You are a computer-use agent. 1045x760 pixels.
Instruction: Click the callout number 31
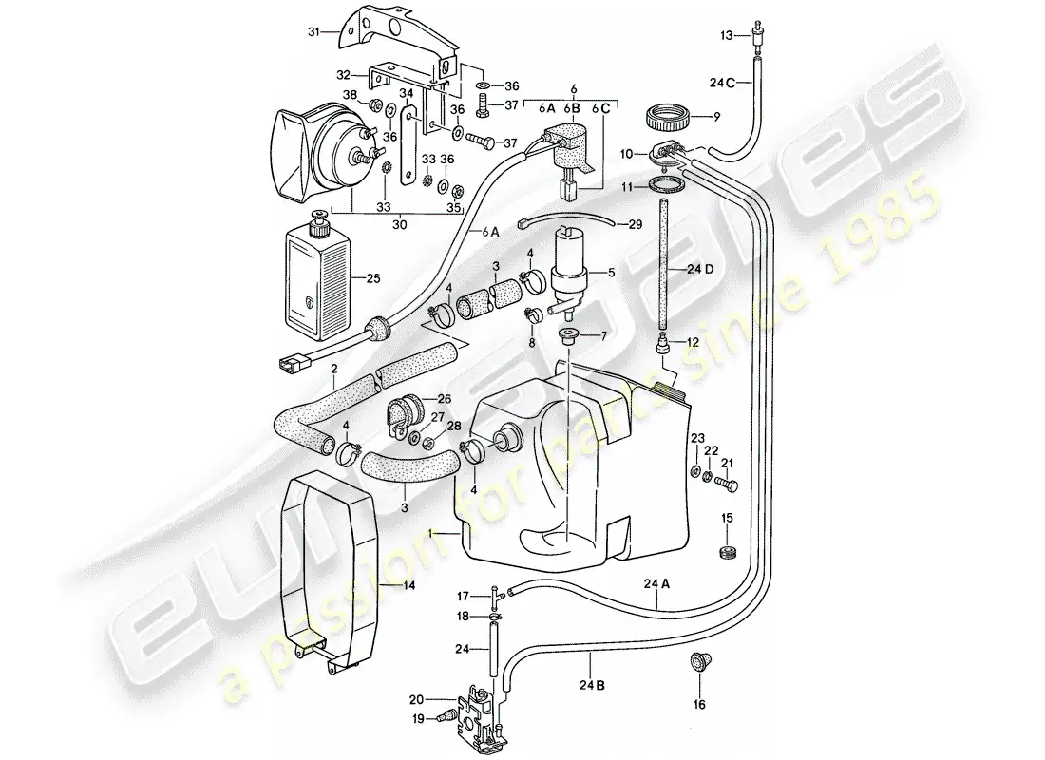(313, 31)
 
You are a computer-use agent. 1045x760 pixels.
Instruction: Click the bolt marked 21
(726, 484)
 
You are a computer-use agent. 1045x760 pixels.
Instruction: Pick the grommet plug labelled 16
(698, 663)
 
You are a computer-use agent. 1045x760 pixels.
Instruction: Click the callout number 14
(409, 585)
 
